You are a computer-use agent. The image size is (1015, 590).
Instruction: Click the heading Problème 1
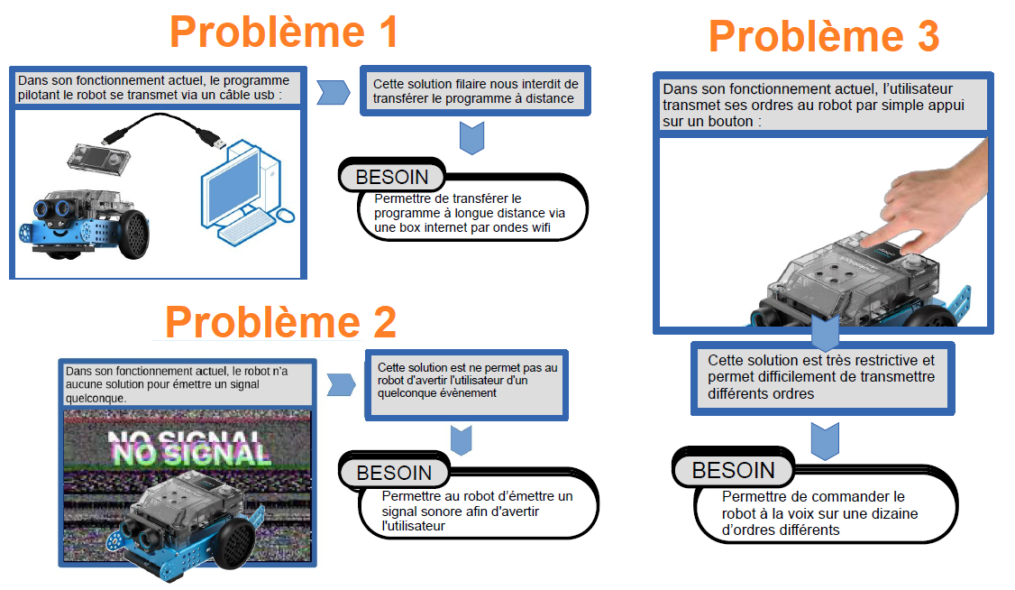point(284,32)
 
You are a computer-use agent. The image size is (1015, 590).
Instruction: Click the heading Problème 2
point(281,322)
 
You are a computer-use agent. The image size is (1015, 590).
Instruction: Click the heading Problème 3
point(824,36)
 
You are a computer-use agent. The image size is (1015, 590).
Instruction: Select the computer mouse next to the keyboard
point(285,216)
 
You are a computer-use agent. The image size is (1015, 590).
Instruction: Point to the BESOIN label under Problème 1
point(391,177)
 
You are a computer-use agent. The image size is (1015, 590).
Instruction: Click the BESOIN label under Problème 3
point(734,470)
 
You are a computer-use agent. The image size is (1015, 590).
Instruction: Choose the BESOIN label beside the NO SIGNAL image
point(394,473)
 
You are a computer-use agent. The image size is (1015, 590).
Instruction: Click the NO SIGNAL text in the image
point(189,448)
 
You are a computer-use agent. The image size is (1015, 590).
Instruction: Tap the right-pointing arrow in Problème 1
point(334,93)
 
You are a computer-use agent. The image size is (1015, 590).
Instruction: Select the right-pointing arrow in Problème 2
point(341,384)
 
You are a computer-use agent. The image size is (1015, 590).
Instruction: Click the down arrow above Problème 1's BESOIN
point(472,137)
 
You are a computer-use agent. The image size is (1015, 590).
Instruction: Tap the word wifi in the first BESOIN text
point(538,228)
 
